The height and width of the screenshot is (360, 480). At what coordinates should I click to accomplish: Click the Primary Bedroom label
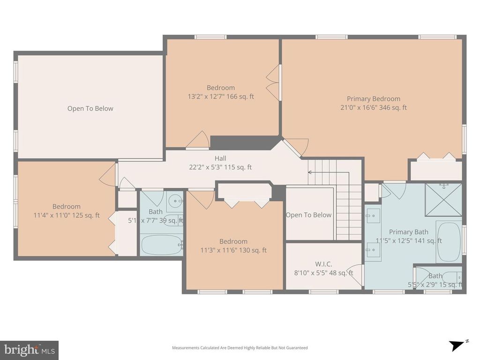(x=374, y=99)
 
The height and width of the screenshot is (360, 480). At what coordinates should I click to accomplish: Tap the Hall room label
(x=220, y=158)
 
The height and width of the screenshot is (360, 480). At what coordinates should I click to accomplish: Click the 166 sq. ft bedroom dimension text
(x=221, y=97)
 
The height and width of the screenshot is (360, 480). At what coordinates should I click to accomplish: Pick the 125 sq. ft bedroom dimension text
(x=66, y=216)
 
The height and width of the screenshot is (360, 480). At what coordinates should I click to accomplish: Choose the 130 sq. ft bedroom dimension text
(x=233, y=250)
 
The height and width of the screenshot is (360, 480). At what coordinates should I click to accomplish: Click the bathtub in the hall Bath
(x=161, y=245)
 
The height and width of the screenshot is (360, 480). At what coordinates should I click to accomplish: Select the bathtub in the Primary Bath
(x=449, y=242)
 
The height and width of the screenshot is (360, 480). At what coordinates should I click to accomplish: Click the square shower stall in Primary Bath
(x=443, y=200)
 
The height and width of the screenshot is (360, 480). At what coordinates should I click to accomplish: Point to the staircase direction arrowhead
(x=309, y=172)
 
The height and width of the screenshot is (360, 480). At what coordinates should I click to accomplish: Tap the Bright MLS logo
(x=29, y=350)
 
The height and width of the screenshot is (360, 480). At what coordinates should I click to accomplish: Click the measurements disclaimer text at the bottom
(x=240, y=348)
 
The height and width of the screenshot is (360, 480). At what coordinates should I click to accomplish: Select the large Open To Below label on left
(x=90, y=109)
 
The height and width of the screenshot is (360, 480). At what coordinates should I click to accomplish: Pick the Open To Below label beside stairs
(x=308, y=215)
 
